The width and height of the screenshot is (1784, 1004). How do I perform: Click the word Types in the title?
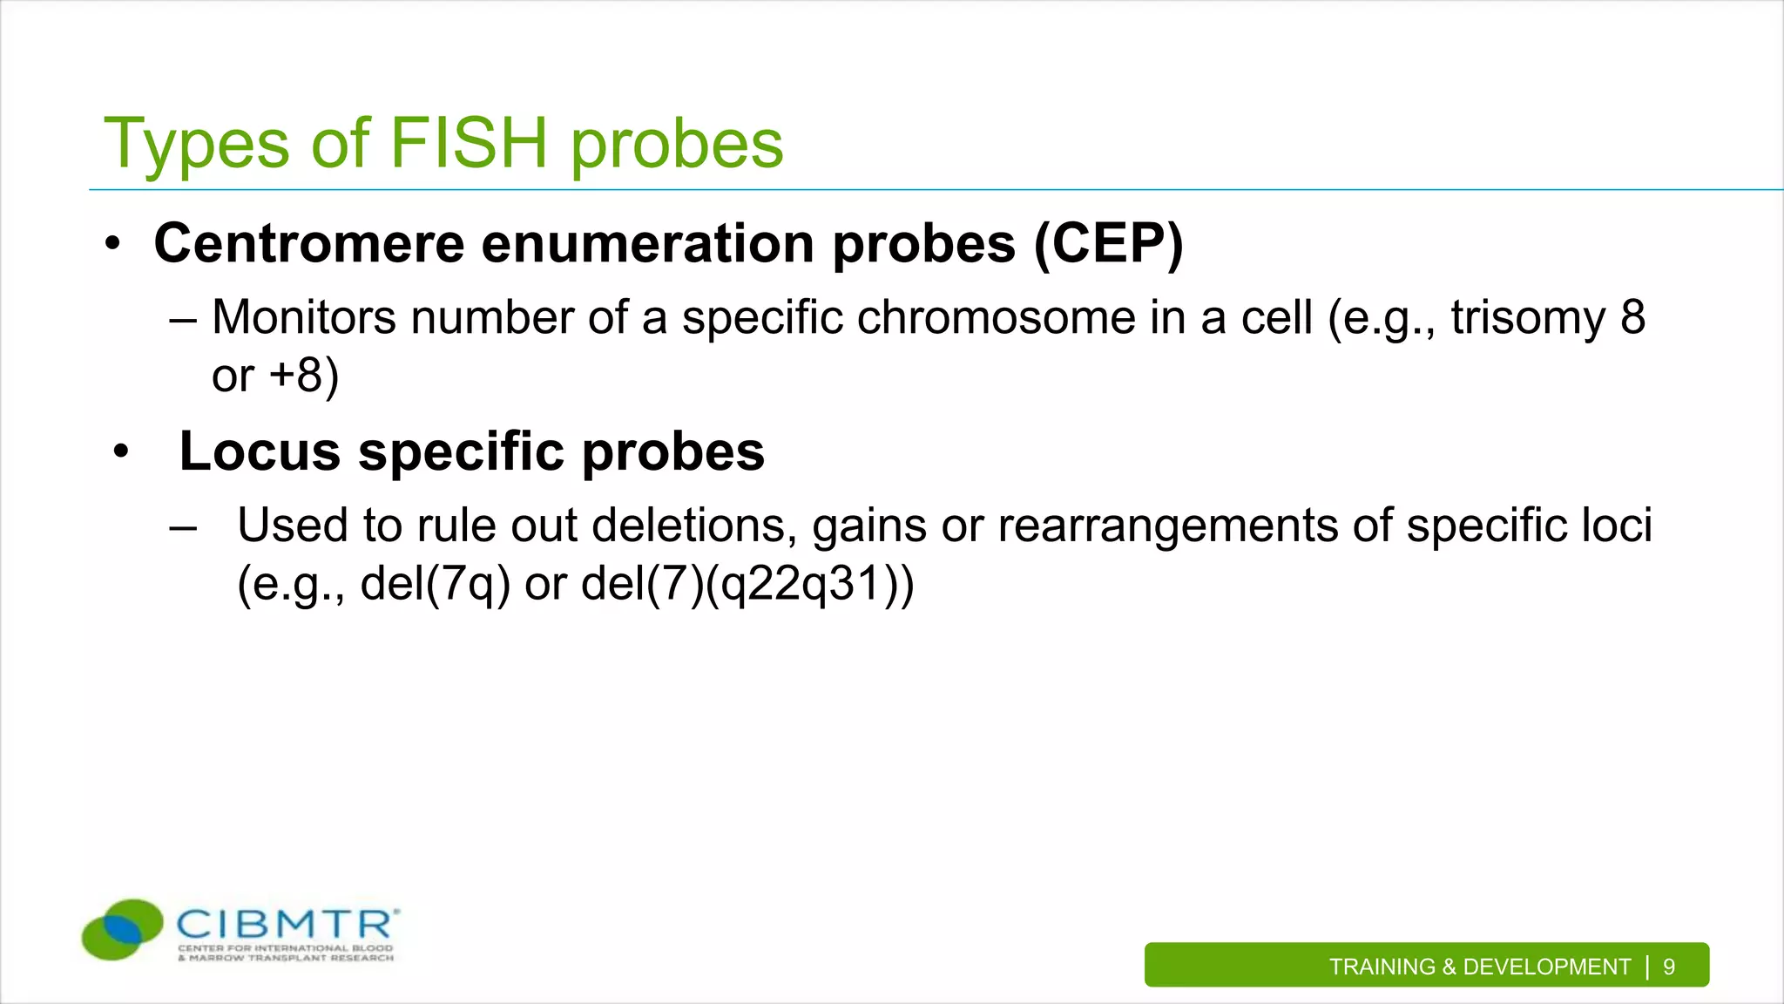(x=196, y=145)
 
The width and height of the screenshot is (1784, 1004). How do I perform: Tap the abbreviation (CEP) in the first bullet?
(x=1108, y=243)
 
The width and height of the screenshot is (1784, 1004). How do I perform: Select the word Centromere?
(x=308, y=243)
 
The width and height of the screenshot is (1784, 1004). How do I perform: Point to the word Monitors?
(x=304, y=317)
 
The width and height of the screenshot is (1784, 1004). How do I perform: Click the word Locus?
(x=259, y=451)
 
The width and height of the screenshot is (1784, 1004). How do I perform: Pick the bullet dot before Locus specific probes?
(x=121, y=452)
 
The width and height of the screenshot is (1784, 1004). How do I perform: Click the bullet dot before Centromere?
(x=112, y=245)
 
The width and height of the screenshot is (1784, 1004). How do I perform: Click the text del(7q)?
(x=435, y=584)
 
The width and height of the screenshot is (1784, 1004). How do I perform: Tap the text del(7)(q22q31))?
(x=747, y=584)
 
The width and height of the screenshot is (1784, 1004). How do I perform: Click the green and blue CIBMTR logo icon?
(x=122, y=929)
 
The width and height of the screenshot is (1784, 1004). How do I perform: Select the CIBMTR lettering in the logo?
(x=287, y=924)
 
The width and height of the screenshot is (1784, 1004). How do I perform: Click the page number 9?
(x=1668, y=967)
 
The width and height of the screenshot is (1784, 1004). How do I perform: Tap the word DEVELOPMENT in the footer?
(x=1546, y=967)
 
